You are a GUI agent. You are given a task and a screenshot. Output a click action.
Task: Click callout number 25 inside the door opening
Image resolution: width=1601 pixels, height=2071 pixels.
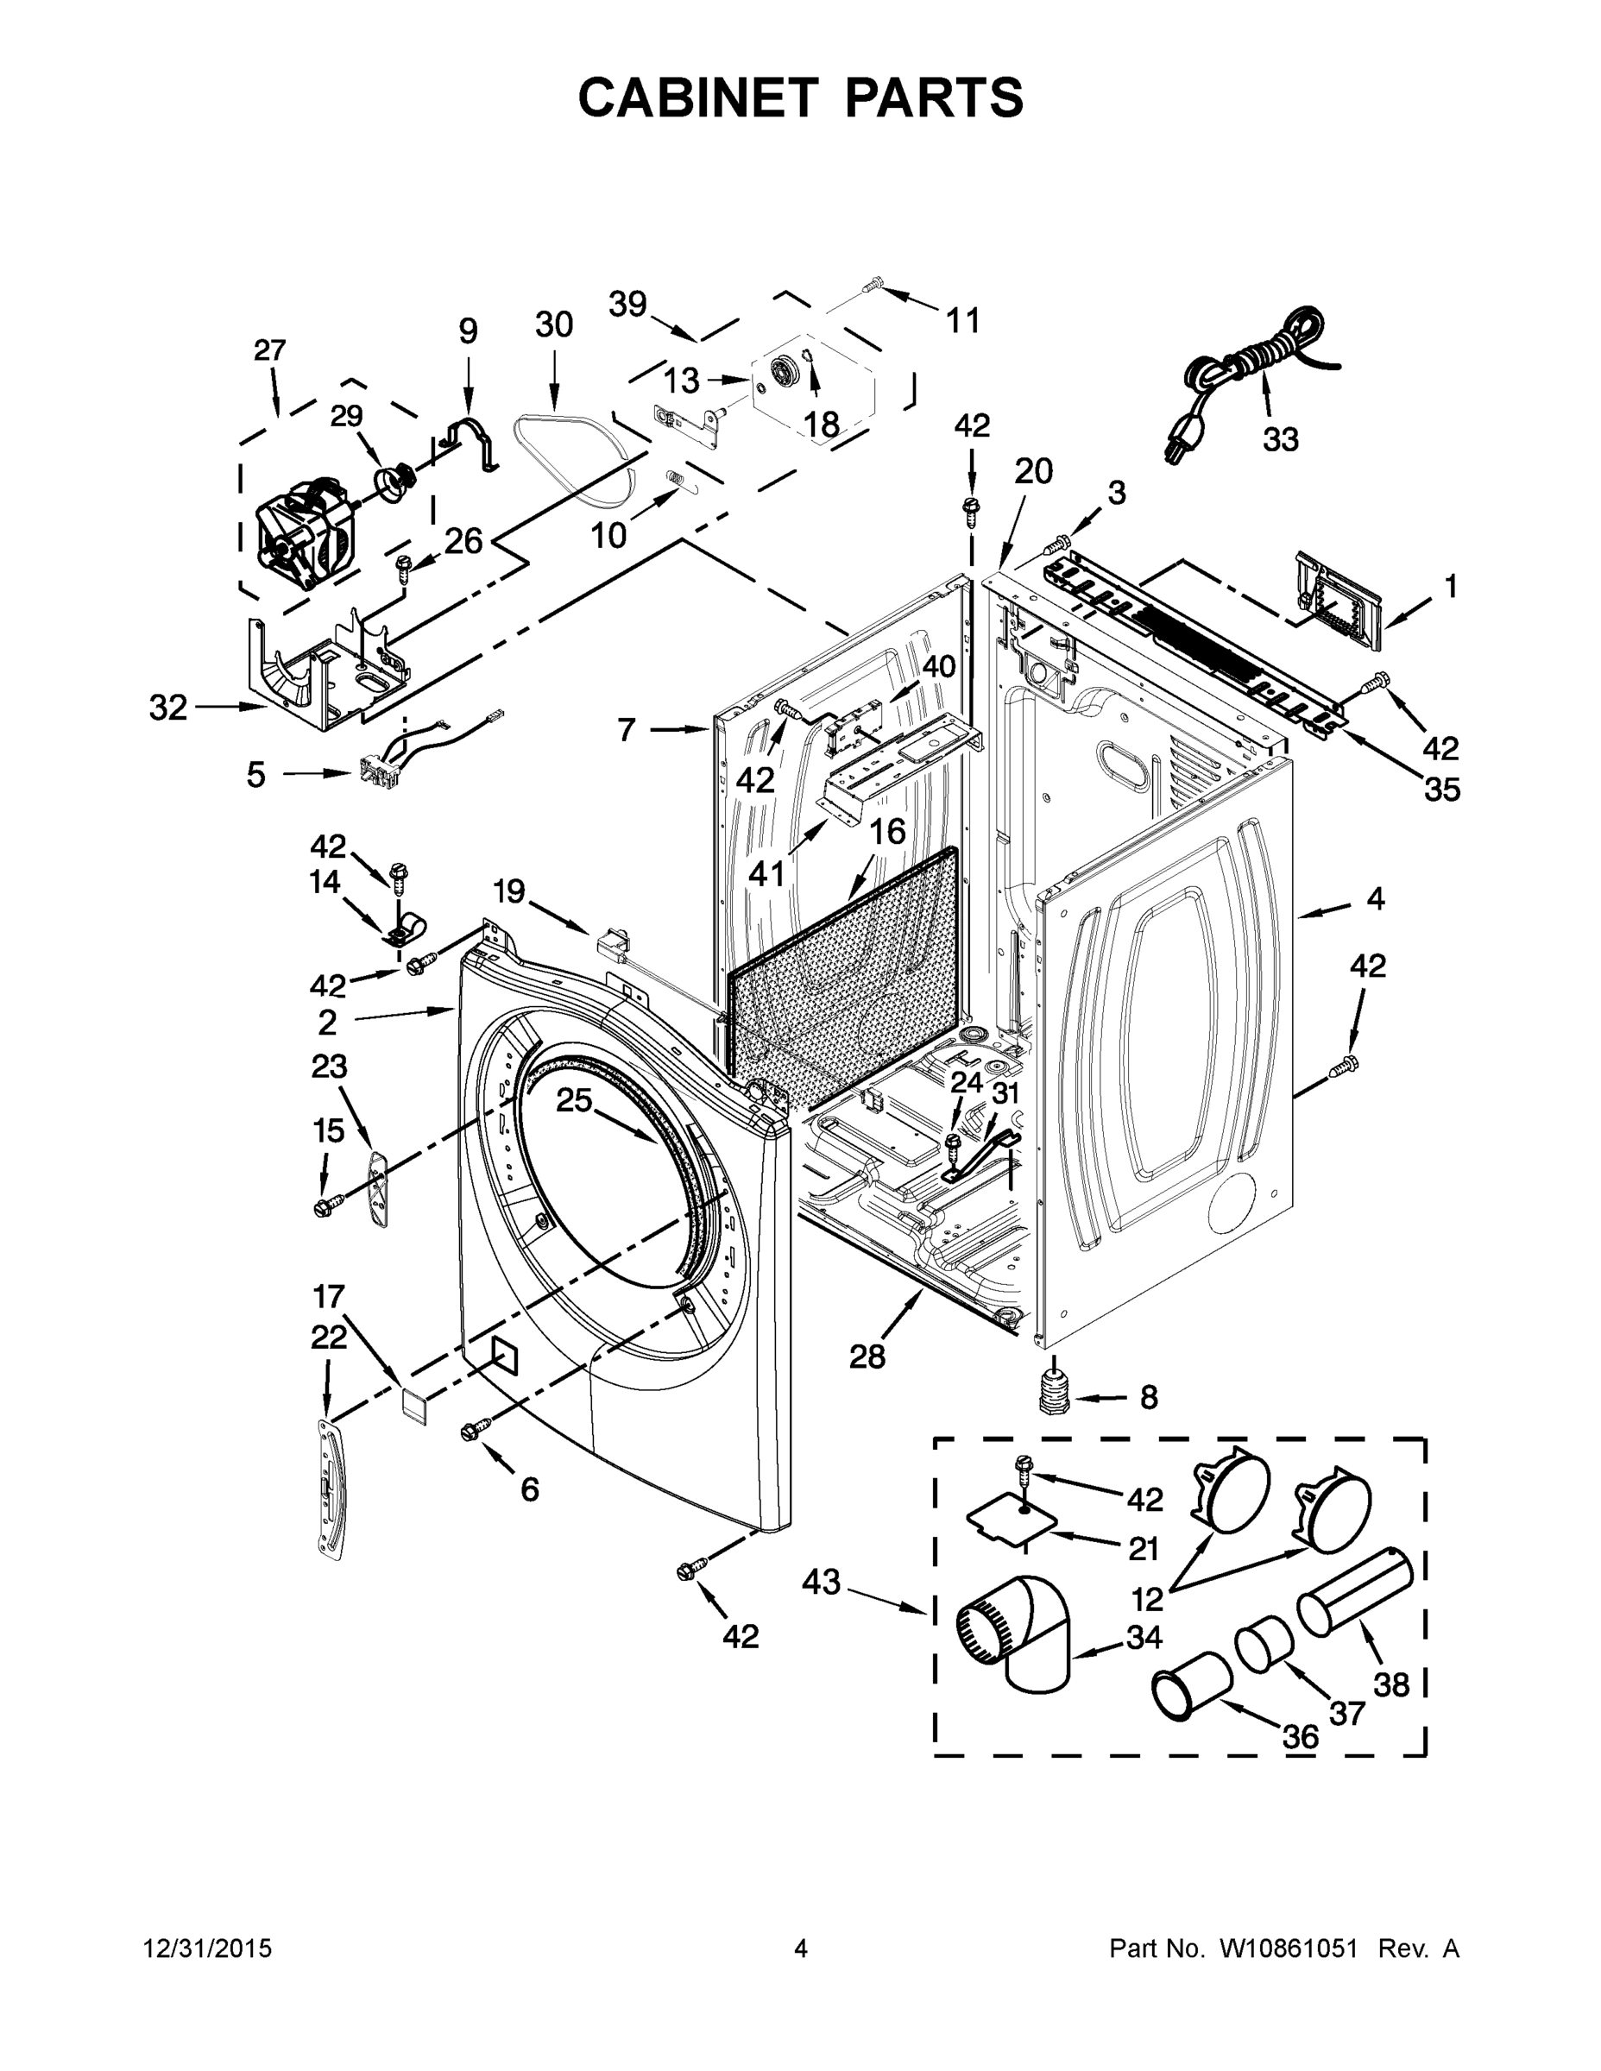coord(573,1100)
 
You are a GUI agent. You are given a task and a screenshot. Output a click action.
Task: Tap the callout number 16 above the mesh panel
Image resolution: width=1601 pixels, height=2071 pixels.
coord(887,832)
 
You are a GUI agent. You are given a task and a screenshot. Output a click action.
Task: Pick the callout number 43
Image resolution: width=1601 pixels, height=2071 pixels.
coord(822,1582)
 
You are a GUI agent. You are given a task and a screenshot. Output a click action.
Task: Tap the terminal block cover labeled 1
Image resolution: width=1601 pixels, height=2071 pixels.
coord(1336,602)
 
